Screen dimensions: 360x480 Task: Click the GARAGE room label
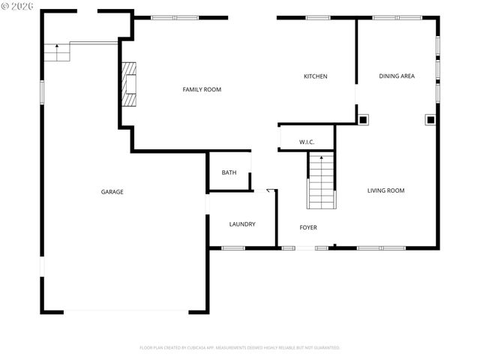tap(112, 192)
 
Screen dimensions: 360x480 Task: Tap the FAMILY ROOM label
tap(202, 89)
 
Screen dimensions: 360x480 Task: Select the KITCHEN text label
tap(315, 76)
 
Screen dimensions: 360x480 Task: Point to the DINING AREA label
tap(397, 76)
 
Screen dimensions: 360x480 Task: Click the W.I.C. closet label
tap(307, 142)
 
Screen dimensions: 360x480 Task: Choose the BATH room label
tap(229, 172)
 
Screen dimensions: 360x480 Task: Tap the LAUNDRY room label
tap(242, 224)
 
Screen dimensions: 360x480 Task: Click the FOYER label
tap(308, 227)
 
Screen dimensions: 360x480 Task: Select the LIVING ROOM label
tap(385, 190)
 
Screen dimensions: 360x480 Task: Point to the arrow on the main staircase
tap(322, 159)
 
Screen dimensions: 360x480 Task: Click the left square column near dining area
tap(363, 118)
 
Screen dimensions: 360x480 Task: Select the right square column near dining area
tap(430, 118)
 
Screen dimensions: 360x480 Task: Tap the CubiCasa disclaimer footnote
tap(240, 348)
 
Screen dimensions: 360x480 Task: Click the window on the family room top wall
tap(175, 17)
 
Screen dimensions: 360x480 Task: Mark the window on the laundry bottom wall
tap(233, 248)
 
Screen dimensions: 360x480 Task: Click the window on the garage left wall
tap(42, 91)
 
